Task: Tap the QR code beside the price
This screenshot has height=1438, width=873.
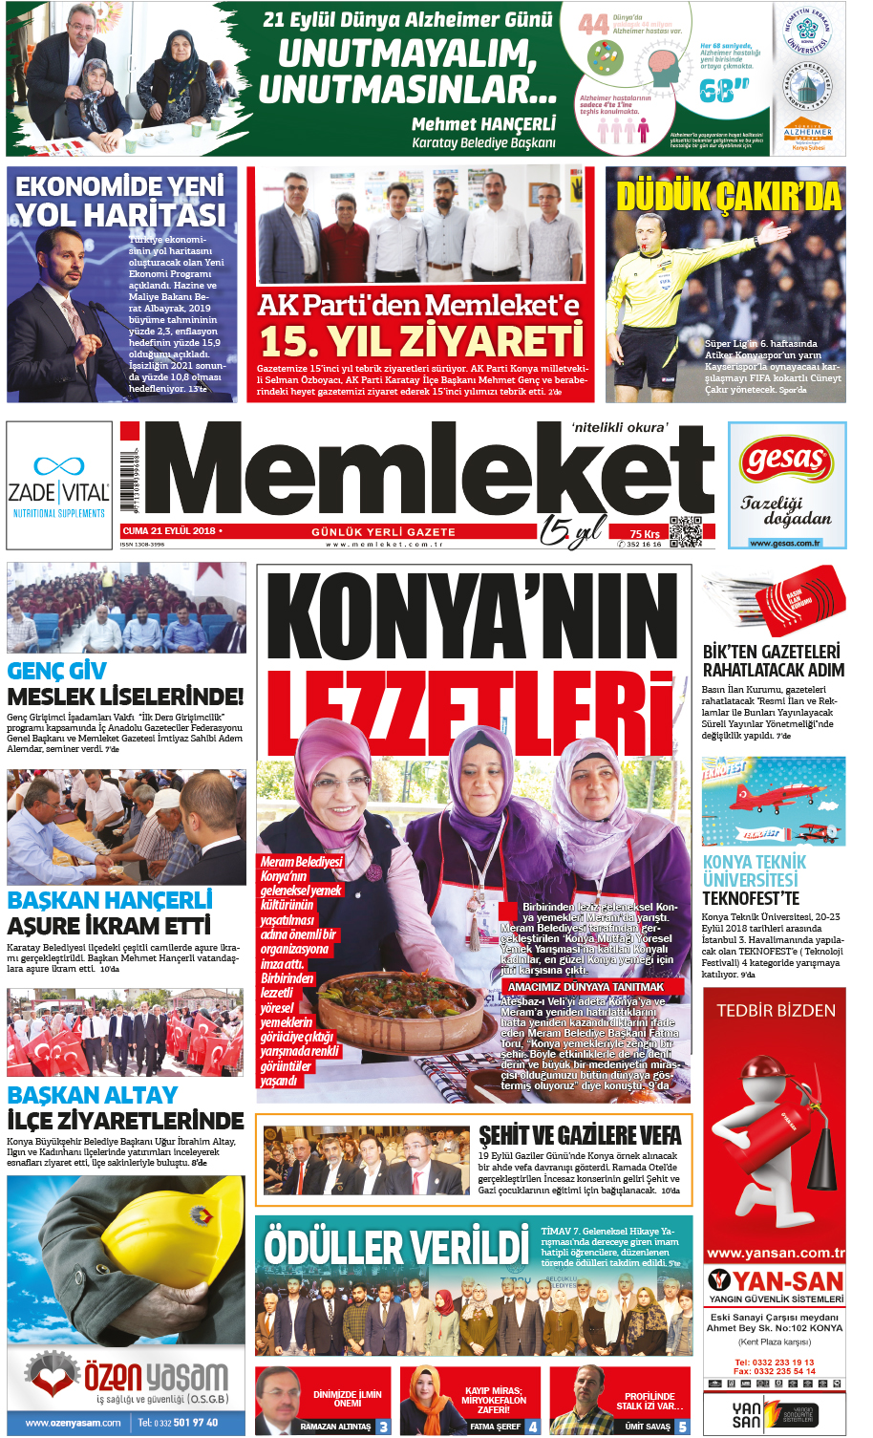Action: coord(686,531)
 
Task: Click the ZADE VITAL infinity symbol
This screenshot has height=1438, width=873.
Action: coord(58,466)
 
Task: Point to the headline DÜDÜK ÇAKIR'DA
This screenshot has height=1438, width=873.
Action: coord(728,196)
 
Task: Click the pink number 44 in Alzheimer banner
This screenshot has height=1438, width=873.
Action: coord(593,25)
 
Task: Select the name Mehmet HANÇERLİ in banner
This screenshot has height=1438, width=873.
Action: coord(483,124)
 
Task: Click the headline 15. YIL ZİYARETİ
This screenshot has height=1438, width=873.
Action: coord(421,341)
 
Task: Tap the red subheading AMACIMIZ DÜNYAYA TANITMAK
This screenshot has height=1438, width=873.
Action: coord(586,987)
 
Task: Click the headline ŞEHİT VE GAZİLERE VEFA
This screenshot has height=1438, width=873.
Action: coord(580,1135)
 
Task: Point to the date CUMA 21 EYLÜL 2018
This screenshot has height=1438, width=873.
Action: coord(169,531)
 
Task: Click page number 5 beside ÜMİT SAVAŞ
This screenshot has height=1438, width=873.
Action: coord(682,1427)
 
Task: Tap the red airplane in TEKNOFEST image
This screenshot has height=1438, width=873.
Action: coord(774,792)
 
